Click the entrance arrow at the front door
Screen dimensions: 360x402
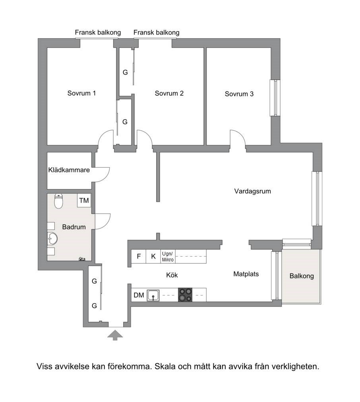(x=115, y=335)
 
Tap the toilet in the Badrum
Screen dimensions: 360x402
(x=59, y=201)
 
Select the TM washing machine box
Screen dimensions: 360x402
(x=84, y=200)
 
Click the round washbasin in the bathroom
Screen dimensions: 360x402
(x=52, y=239)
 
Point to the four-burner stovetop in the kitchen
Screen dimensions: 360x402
(x=185, y=295)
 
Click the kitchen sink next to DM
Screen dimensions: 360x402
(x=153, y=296)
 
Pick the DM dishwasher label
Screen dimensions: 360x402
(x=139, y=295)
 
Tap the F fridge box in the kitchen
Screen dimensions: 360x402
(x=139, y=256)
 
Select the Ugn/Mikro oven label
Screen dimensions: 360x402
(x=168, y=257)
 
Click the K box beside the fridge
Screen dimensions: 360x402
(x=153, y=256)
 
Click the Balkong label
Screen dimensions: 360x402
(x=302, y=276)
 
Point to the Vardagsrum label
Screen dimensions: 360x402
(x=253, y=191)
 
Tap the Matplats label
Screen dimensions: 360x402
(x=246, y=274)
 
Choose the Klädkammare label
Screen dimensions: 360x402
(x=69, y=170)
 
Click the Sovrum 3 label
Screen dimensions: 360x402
(x=239, y=94)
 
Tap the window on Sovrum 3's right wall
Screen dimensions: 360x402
(x=275, y=98)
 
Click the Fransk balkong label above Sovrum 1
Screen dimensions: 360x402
(x=98, y=33)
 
